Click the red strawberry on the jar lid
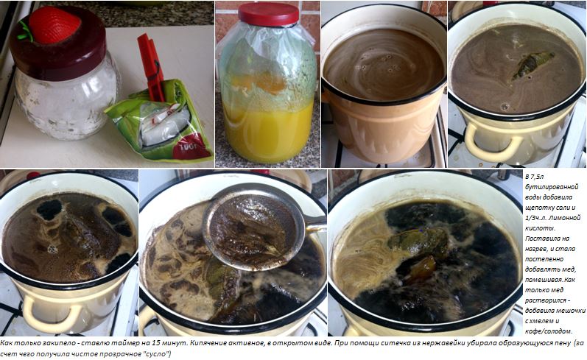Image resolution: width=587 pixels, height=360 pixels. [x=55, y=25]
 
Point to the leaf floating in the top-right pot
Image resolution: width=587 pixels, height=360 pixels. [x=532, y=64]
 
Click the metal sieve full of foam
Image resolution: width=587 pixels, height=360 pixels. [x=254, y=227]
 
